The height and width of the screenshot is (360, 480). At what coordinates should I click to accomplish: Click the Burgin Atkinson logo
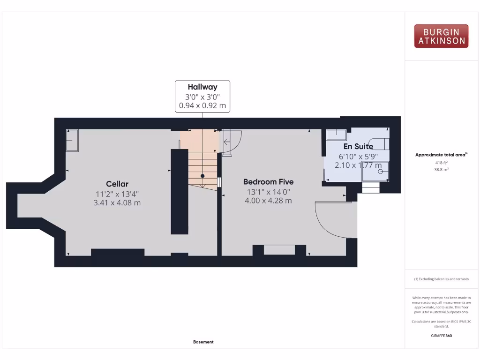click(x=441, y=36)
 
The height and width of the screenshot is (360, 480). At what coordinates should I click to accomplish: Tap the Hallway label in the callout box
click(x=202, y=87)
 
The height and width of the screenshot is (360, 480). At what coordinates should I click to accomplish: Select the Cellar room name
click(x=117, y=184)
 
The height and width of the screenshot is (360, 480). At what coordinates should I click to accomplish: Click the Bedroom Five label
click(x=268, y=182)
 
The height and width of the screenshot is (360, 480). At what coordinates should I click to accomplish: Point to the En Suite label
click(x=358, y=146)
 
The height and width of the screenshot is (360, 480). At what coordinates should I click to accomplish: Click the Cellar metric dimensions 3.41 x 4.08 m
click(x=117, y=203)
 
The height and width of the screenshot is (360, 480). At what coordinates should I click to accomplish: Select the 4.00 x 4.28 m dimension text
click(x=268, y=201)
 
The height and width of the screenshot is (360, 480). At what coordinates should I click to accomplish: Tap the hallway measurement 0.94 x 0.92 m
click(x=202, y=106)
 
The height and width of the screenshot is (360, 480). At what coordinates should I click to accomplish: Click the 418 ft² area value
click(x=441, y=163)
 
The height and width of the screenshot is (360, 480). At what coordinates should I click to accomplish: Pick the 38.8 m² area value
click(x=441, y=170)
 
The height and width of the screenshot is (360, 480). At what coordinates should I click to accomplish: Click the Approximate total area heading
click(x=441, y=155)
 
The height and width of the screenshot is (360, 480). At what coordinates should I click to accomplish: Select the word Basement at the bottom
click(x=203, y=342)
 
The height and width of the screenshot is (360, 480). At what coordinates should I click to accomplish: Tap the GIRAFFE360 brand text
click(x=441, y=336)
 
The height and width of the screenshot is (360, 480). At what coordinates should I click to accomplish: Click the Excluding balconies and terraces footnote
click(x=441, y=279)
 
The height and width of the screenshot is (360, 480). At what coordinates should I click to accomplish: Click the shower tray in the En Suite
click(x=375, y=172)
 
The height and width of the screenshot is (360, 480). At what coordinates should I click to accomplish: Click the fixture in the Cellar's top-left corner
click(x=72, y=140)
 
